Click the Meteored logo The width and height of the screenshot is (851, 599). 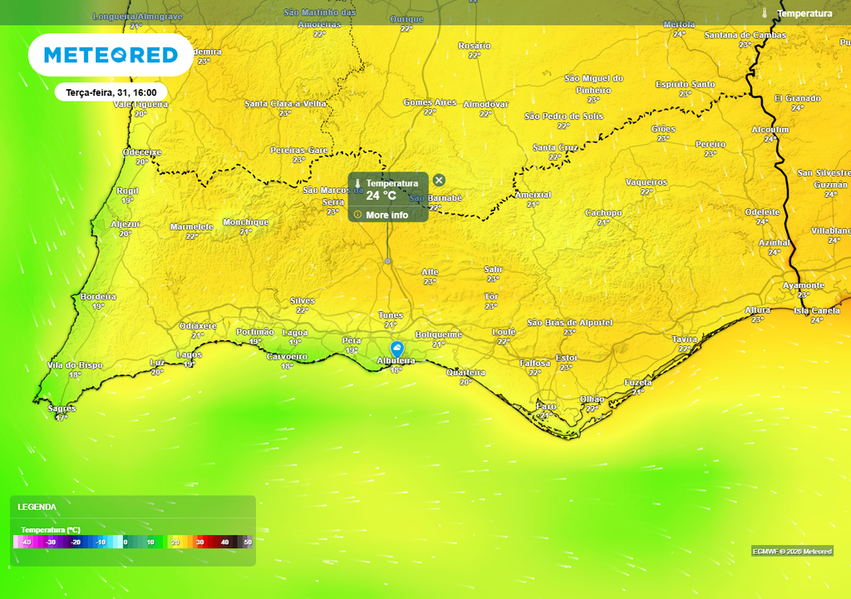[x=111, y=55]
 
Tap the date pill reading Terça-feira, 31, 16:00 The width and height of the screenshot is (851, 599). [x=111, y=92]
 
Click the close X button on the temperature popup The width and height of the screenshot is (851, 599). [x=439, y=180]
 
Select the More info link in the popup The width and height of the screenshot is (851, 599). [x=386, y=215]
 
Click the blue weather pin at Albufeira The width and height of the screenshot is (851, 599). [x=397, y=349]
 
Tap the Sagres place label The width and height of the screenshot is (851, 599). [x=61, y=408]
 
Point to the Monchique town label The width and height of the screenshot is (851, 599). [x=246, y=222]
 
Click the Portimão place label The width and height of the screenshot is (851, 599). [x=255, y=332]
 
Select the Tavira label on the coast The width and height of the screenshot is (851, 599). [x=685, y=339]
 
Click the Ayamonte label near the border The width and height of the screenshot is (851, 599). [x=804, y=285]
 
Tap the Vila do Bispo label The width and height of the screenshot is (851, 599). [x=76, y=365]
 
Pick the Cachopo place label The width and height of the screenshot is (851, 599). [x=603, y=213]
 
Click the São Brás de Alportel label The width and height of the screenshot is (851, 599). [x=570, y=322]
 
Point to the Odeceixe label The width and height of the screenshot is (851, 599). [x=142, y=152]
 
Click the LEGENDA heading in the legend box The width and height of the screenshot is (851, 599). [x=37, y=507]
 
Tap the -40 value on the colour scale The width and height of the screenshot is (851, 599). [x=27, y=542]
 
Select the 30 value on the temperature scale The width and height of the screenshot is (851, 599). [x=199, y=542]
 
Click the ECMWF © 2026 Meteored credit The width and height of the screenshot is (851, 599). [x=792, y=552]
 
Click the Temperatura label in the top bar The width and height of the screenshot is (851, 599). [x=804, y=13]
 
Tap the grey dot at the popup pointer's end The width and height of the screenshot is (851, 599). [x=388, y=261]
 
